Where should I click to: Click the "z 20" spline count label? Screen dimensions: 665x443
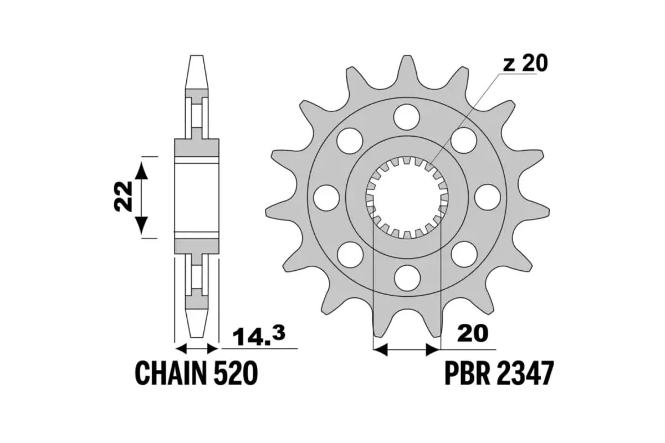point(525,64)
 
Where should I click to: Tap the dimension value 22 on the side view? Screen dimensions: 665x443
point(123,196)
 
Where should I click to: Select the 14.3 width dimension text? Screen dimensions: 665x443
point(259,336)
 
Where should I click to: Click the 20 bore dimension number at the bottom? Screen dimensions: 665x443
point(473,333)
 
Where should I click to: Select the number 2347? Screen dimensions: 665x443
point(525,374)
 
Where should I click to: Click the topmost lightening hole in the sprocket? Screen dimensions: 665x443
point(407,117)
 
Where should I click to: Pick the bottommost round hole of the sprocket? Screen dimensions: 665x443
point(407,278)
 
